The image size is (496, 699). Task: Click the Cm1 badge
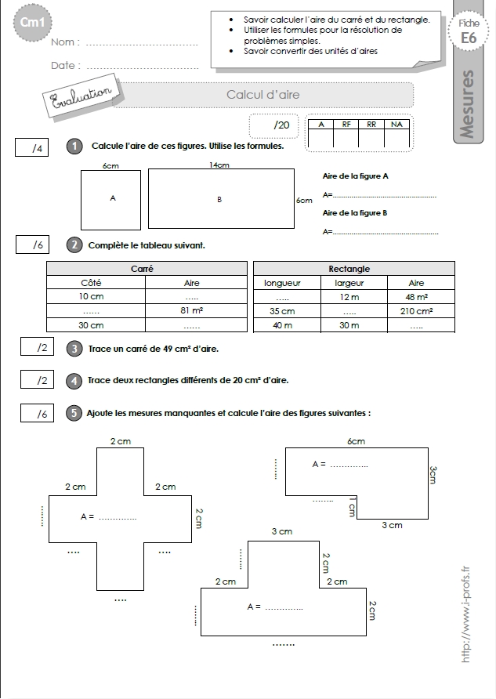[x=33, y=22]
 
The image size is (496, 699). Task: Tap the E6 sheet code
[x=469, y=38]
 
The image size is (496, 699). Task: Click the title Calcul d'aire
[x=263, y=95]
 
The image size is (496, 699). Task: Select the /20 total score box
[x=273, y=125]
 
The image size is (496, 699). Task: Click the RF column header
[x=346, y=125]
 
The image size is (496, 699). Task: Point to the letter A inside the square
[x=113, y=198]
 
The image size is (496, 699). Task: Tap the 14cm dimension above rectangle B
[x=219, y=165]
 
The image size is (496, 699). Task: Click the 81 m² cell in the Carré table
[x=192, y=310]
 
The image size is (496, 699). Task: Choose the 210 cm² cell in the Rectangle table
[x=416, y=311]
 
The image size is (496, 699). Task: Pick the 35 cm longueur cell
[x=282, y=311]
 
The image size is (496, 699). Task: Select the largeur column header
[x=349, y=283]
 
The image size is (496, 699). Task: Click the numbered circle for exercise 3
[x=74, y=349]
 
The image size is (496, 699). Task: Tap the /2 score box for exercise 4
[x=37, y=379]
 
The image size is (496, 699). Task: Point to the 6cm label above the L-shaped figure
[x=356, y=441]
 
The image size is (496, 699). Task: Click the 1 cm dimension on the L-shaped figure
[x=352, y=507]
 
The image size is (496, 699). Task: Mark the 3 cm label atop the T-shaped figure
[x=282, y=531]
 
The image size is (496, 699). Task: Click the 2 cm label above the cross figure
[x=121, y=441]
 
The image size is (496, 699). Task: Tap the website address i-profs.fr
[x=465, y=614]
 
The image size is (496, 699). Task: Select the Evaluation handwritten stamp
[x=81, y=96]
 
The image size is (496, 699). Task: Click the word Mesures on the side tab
[x=466, y=104]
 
